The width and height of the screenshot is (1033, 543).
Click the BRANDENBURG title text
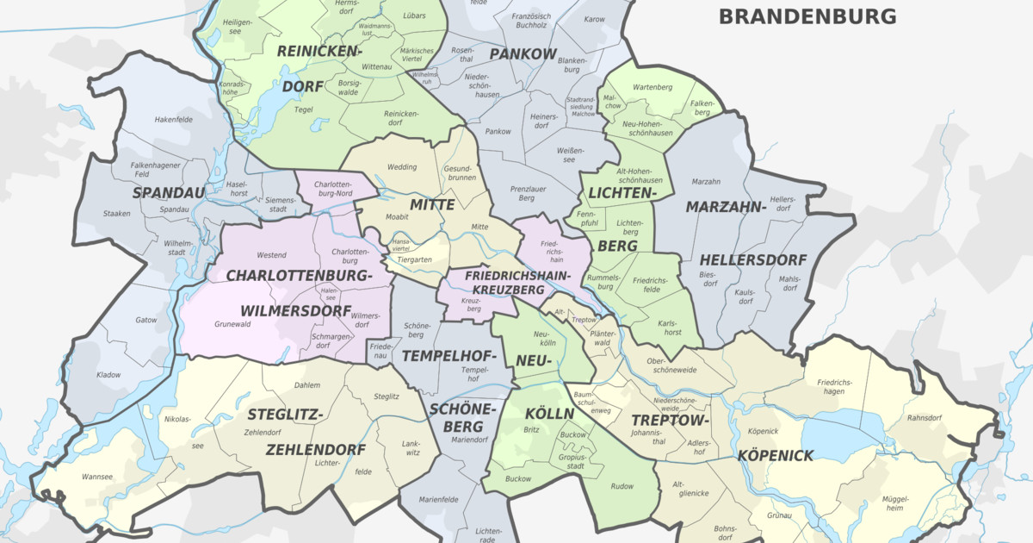[x=807, y=16]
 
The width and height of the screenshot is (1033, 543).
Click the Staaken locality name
[x=117, y=214]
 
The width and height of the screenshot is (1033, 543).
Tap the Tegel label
[x=304, y=109]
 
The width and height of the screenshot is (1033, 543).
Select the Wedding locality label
[x=402, y=167]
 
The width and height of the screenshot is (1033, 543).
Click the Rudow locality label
[x=622, y=486]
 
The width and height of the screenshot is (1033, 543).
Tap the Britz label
[x=531, y=429]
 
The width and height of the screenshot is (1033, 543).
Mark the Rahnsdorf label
[x=925, y=420]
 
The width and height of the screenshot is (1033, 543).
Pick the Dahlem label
[x=306, y=385]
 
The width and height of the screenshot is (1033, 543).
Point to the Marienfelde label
[x=438, y=500]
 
